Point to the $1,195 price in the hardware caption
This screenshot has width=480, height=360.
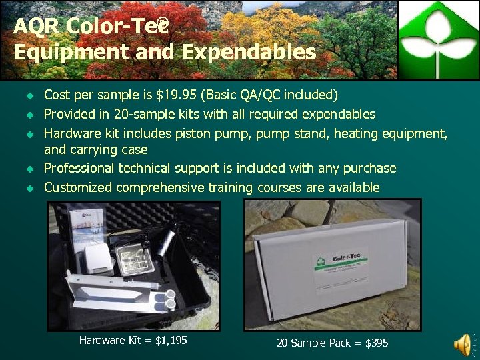tap(171, 341)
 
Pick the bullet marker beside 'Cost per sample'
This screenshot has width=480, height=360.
tap(29, 95)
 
